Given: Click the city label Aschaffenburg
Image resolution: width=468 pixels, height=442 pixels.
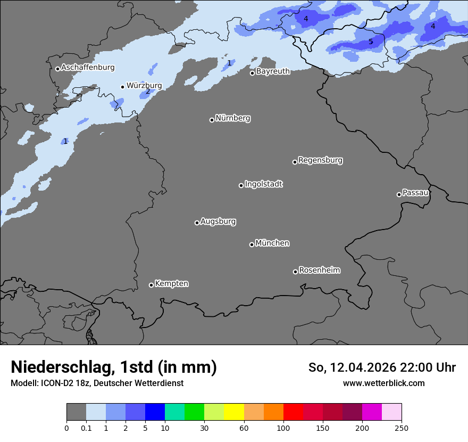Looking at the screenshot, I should [x=88, y=68].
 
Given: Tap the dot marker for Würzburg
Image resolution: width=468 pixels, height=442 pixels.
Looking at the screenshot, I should [x=122, y=87].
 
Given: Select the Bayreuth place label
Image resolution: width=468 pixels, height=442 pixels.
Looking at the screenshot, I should [x=273, y=71].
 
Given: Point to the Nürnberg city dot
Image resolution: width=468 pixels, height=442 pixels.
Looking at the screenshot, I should [x=212, y=120].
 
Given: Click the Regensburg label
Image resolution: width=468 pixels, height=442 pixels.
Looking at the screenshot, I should [x=320, y=160].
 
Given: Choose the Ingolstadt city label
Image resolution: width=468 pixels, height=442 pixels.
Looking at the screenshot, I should [x=263, y=184].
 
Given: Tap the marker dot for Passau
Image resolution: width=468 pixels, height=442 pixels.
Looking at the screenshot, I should [x=399, y=194].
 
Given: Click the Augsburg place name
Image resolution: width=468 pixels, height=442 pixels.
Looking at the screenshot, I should [x=218, y=221].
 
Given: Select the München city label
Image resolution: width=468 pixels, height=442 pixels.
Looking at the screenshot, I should [x=272, y=243].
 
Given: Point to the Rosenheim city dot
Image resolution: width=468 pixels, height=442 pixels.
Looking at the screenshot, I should [x=295, y=272].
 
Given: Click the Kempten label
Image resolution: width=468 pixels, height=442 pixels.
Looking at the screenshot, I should [x=171, y=283].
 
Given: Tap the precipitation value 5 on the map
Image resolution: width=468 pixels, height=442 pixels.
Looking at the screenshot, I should [x=371, y=42].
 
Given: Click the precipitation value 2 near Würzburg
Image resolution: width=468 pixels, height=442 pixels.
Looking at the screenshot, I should [x=148, y=92].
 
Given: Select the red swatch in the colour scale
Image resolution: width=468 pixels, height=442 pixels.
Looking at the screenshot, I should [x=293, y=412].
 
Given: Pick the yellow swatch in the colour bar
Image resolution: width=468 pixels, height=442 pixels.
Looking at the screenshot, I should [x=234, y=412].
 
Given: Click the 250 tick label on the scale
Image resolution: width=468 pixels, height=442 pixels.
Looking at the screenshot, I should [x=401, y=428].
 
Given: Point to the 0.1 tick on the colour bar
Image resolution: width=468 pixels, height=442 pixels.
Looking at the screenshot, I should [x=86, y=428].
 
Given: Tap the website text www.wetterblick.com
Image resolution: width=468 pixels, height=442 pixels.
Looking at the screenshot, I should [x=383, y=383].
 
